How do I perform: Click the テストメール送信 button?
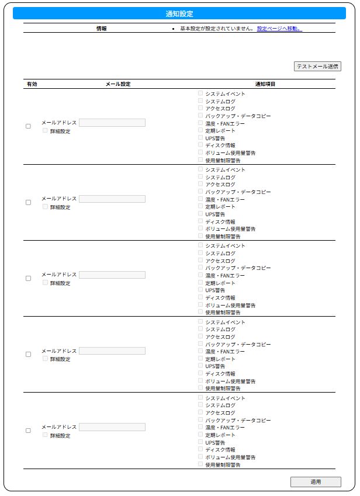pyautogui.click(x=317, y=67)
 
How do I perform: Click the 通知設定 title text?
pyautogui.click(x=179, y=13)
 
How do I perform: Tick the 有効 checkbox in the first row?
pyautogui.click(x=28, y=126)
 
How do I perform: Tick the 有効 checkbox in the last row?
pyautogui.click(x=28, y=431)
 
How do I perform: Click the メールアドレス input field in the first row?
pyautogui.click(x=112, y=123)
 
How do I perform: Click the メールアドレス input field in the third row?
pyautogui.click(x=112, y=275)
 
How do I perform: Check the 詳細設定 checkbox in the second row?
pyautogui.click(x=45, y=206)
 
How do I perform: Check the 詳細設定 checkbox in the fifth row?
pyautogui.click(x=45, y=435)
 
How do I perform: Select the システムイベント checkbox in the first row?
pyautogui.click(x=200, y=93)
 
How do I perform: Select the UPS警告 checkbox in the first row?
pyautogui.click(x=200, y=137)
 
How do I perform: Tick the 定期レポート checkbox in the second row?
pyautogui.click(x=200, y=206)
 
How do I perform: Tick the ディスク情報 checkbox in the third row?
pyautogui.click(x=200, y=297)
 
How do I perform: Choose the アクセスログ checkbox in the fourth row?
pyautogui.click(x=200, y=337)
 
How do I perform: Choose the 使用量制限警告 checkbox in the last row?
pyautogui.click(x=200, y=464)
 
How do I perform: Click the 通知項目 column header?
pyautogui.click(x=265, y=84)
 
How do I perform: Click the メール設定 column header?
pyautogui.click(x=117, y=84)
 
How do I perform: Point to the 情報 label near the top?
pyautogui.click(x=101, y=28)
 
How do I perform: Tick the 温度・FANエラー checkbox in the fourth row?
pyautogui.click(x=200, y=351)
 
